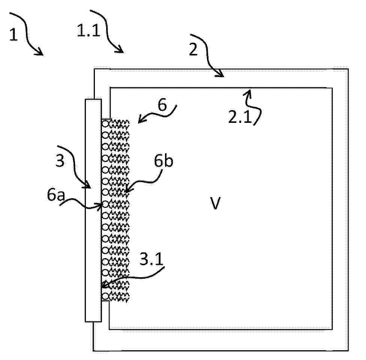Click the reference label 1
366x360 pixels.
pos(13,34)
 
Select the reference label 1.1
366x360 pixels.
pos(89,31)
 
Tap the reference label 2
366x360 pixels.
pos(193,49)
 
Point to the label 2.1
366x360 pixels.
pos(240,117)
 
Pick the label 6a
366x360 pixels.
pos(55,195)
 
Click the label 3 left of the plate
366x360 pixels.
pos(60,160)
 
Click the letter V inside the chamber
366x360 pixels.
pos(215,203)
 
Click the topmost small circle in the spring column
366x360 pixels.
pos(105,124)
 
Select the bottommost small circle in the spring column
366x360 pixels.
pos(105,296)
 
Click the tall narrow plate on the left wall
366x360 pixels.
pos(93,210)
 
